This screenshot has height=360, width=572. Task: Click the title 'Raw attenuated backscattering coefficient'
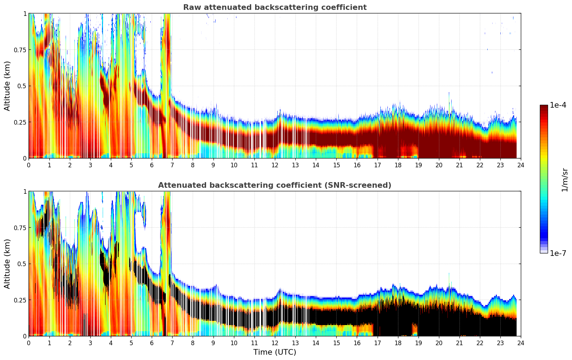(275, 7)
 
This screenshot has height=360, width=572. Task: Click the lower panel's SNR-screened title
(275, 185)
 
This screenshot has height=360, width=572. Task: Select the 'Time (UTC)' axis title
(275, 352)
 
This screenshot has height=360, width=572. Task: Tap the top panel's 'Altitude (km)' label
(7, 86)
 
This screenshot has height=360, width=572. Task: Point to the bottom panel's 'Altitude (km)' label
(7, 264)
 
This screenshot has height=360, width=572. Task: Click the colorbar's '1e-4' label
(558, 105)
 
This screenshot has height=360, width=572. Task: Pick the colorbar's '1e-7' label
(558, 253)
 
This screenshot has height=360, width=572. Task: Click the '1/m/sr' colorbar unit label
(565, 179)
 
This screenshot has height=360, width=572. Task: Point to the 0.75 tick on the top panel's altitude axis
(20, 50)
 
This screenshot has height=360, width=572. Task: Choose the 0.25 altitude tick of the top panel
(20, 122)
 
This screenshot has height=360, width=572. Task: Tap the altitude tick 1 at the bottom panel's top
(25, 191)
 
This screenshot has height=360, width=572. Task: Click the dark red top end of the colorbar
(544, 107)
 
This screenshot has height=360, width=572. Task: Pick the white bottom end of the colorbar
(544, 252)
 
